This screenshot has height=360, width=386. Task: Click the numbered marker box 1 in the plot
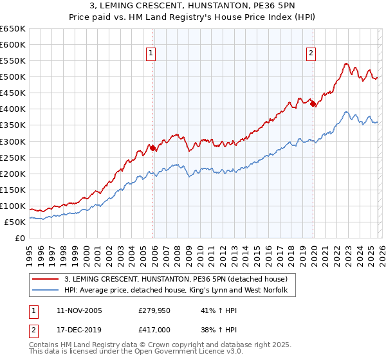pyautogui.click(x=151, y=54)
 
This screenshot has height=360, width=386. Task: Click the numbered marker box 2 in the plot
pyautogui.click(x=311, y=54)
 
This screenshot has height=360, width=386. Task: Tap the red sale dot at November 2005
pyautogui.click(x=152, y=148)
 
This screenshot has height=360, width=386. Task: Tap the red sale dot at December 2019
pyautogui.click(x=313, y=104)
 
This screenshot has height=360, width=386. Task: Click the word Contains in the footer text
pyautogui.click(x=45, y=346)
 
